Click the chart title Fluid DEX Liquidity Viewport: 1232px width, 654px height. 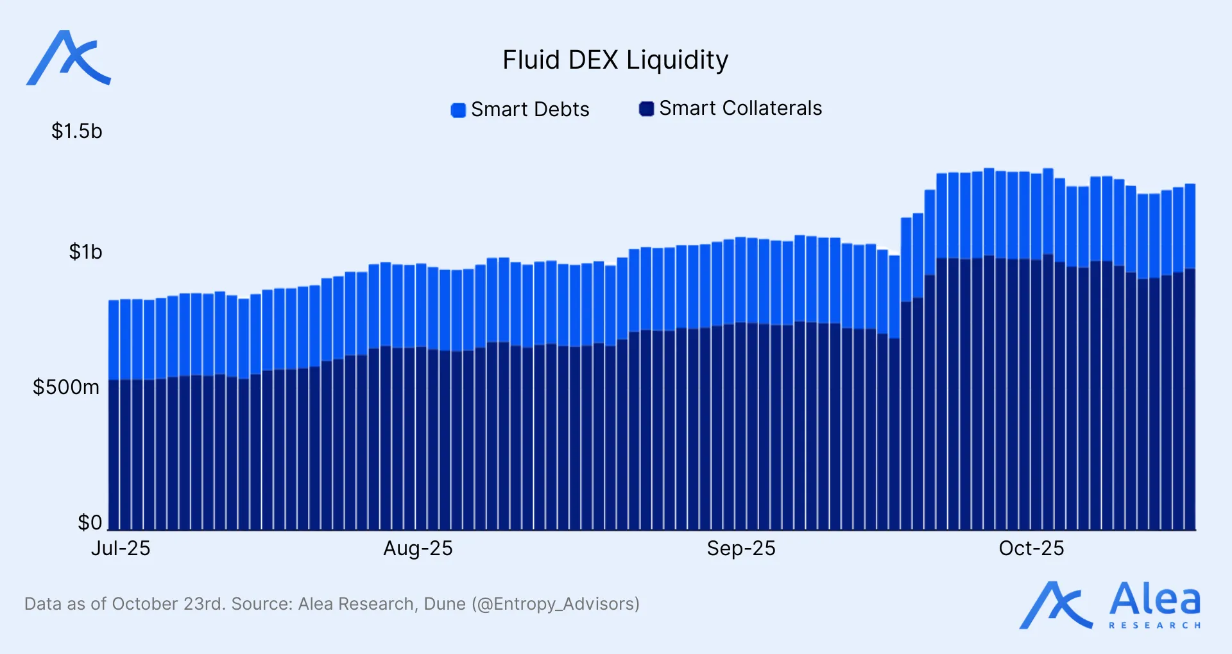point(615,60)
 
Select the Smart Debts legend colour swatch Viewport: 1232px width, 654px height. point(458,110)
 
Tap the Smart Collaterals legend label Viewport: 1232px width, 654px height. point(740,108)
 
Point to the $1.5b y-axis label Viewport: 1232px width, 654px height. point(76,132)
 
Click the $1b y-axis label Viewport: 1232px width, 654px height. point(85,252)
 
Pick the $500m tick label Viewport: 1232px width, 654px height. point(66,388)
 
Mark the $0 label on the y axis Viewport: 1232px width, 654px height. point(90,522)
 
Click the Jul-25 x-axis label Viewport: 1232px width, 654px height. point(121,549)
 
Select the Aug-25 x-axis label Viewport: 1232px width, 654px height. point(418,549)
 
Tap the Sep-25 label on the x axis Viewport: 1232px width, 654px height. point(741,549)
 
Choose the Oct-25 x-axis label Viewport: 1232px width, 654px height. point(1031,549)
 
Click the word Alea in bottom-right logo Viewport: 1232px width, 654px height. point(1154,599)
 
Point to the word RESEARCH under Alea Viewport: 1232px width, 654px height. point(1154,625)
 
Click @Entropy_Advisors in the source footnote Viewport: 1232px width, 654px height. point(556,604)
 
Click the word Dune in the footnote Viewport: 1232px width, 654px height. point(445,604)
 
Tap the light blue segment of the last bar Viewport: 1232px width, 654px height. point(1190,225)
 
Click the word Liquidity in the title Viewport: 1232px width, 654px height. point(677,60)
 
